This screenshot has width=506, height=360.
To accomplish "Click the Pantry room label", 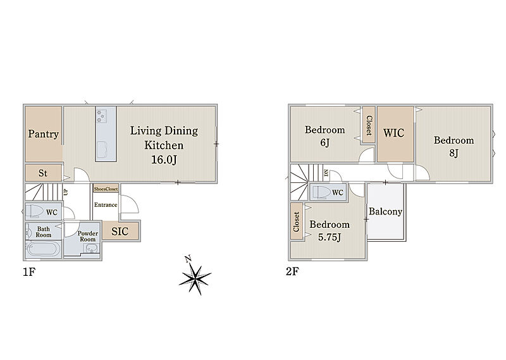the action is (x=43, y=134).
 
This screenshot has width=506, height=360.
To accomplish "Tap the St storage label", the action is (x=43, y=173).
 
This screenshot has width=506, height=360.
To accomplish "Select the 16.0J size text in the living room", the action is (x=164, y=160).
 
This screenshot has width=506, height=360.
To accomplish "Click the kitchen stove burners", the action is (x=101, y=116).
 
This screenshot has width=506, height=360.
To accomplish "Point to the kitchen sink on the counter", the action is (x=103, y=149).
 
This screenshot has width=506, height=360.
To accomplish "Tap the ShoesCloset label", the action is (x=106, y=189).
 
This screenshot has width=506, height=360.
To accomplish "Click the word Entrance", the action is (x=106, y=205).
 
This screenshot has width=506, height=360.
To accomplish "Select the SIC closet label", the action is (x=120, y=231).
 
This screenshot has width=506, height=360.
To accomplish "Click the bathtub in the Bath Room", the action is (x=43, y=249).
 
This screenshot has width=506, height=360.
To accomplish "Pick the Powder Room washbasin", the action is (x=91, y=248).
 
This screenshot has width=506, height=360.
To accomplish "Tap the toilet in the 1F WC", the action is (x=35, y=212).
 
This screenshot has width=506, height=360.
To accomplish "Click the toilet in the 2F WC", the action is (x=321, y=192).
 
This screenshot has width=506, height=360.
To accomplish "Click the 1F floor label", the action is (x=28, y=272).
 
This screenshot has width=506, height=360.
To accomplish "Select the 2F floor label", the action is (x=292, y=271).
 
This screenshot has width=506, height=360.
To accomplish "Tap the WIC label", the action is (x=393, y=133).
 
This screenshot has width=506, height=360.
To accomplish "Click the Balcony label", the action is (x=386, y=211).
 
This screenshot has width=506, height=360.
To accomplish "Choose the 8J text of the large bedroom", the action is (x=454, y=152).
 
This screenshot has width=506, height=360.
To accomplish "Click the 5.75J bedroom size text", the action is (x=330, y=237).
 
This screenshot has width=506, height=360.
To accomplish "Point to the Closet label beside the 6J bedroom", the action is (x=369, y=126).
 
